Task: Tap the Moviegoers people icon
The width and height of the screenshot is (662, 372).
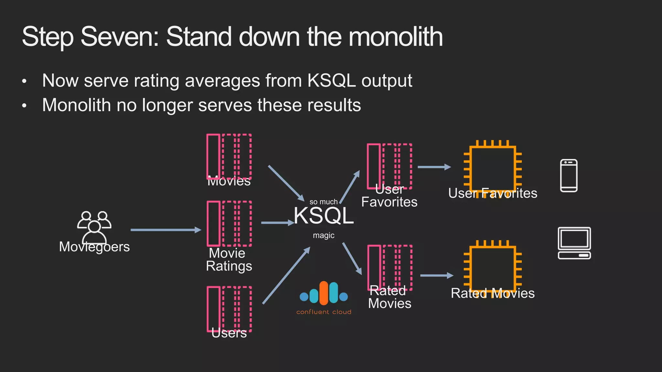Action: [94, 226]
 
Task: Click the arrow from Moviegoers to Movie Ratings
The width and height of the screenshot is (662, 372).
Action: [165, 230]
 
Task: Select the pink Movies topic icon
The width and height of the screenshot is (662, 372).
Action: [229, 156]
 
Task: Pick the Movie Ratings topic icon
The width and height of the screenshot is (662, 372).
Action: [229, 223]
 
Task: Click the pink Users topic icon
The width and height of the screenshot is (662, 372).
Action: [229, 309]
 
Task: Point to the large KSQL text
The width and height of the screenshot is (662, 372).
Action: [324, 216]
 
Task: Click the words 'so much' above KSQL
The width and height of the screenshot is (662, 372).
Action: [323, 202]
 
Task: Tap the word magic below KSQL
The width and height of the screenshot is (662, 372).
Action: [323, 235]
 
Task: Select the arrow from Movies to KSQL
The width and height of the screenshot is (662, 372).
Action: [286, 183]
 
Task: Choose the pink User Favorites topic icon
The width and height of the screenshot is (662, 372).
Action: [389, 166]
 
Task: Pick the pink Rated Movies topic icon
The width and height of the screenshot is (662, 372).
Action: [390, 267]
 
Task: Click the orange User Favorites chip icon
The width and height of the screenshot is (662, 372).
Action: [493, 169]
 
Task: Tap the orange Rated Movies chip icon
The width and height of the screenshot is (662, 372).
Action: [493, 269]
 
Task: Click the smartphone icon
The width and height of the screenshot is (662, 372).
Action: [569, 176]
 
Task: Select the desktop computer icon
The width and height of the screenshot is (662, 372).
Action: [574, 243]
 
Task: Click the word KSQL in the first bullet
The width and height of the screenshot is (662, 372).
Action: [331, 80]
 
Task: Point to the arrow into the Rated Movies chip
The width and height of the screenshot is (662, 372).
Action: [436, 275]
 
